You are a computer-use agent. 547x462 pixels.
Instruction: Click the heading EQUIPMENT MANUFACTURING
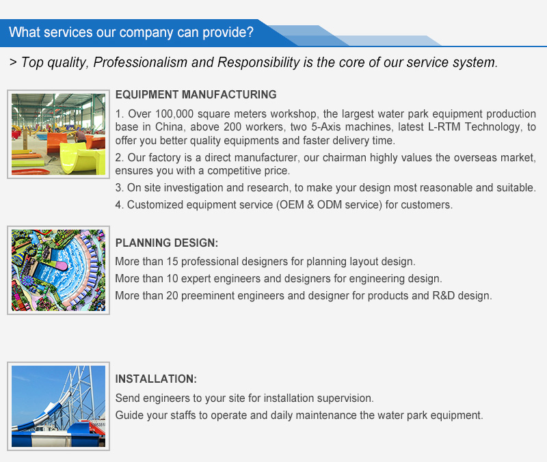click(x=196, y=94)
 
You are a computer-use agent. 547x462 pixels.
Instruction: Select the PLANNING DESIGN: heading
click(x=166, y=243)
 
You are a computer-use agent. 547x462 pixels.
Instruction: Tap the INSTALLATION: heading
click(x=156, y=379)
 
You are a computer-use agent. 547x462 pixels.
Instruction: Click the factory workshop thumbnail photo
click(x=58, y=134)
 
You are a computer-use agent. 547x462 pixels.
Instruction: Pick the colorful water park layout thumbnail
click(x=58, y=270)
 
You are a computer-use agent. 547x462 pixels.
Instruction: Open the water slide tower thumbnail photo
click(x=58, y=406)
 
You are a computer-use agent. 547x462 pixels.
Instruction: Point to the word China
click(x=169, y=127)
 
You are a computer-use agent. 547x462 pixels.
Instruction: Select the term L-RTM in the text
click(x=444, y=127)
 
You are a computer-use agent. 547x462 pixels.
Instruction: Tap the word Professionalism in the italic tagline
click(x=140, y=62)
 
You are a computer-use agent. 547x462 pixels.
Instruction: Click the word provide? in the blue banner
click(x=228, y=32)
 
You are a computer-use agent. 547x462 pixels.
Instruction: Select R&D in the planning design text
click(x=443, y=296)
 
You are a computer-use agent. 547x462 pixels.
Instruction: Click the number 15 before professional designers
click(x=172, y=262)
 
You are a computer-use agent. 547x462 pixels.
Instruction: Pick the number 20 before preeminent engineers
click(x=172, y=296)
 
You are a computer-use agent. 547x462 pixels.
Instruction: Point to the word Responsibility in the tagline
click(x=258, y=62)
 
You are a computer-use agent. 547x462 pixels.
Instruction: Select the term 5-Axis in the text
click(x=326, y=127)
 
